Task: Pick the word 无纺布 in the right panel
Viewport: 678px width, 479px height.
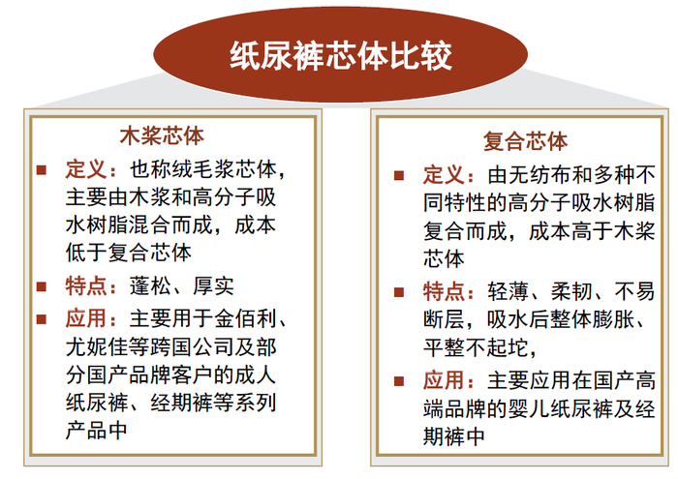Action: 541,176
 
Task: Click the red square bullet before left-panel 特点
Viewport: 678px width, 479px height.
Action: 42,285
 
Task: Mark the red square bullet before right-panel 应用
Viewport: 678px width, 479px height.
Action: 400,379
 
